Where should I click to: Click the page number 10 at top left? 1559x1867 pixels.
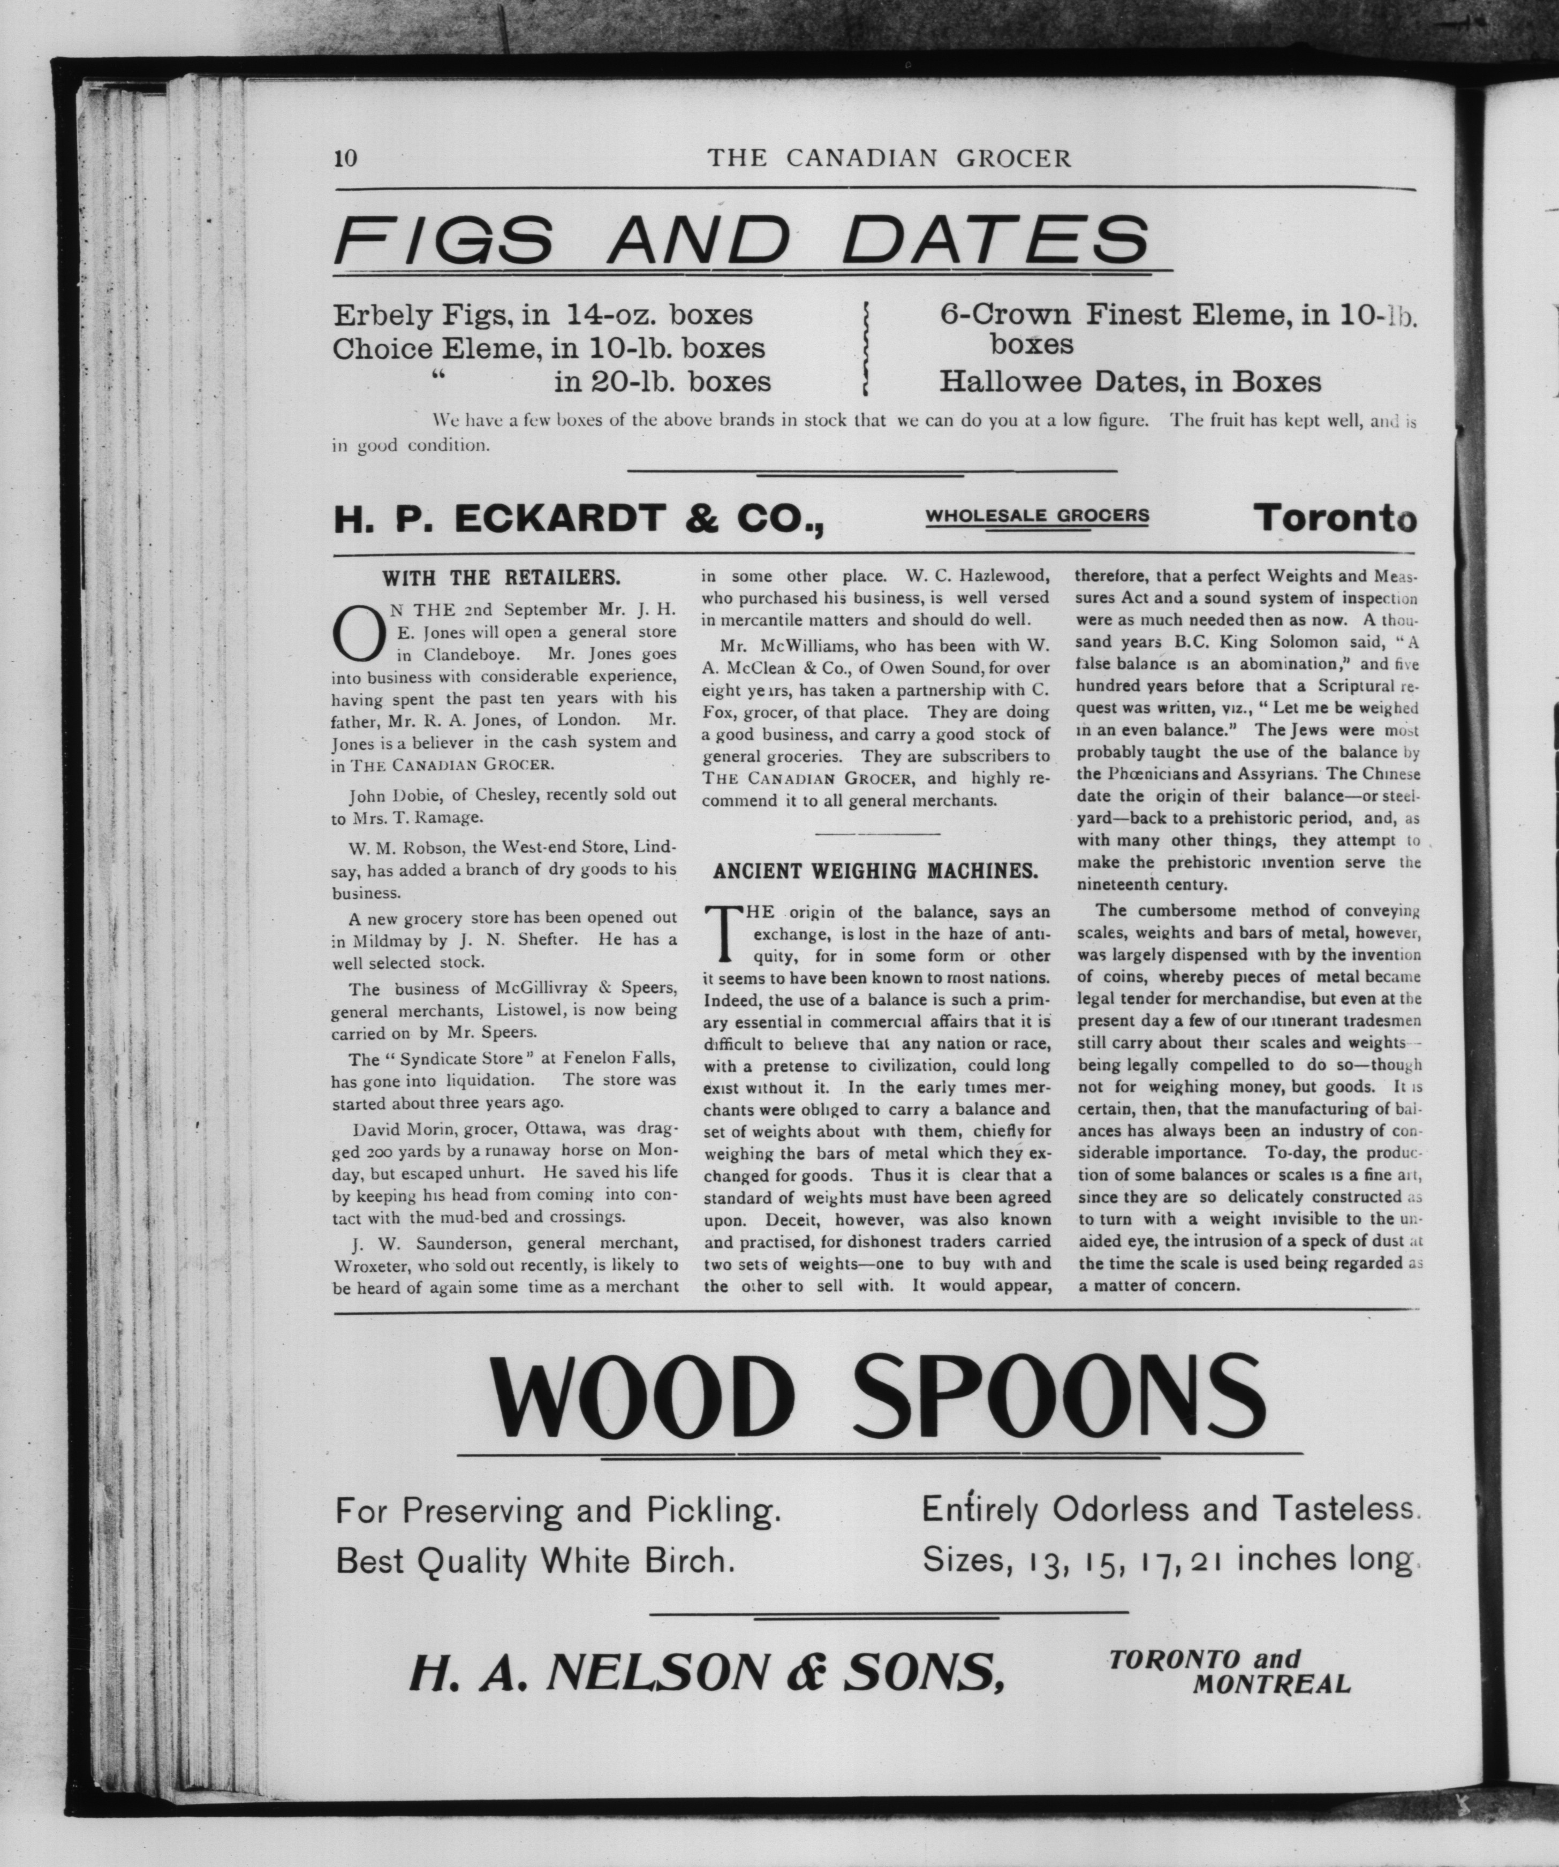click(x=345, y=158)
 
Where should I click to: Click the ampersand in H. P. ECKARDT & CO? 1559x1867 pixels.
click(x=702, y=519)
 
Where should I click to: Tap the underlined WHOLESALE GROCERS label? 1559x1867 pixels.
click(x=1037, y=515)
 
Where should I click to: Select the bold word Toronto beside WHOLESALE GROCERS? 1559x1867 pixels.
click(x=1334, y=518)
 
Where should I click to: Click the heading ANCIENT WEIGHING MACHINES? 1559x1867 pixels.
click(x=875, y=871)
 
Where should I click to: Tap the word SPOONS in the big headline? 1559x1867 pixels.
click(x=1058, y=1399)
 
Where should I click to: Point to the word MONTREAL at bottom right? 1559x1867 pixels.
click(x=1271, y=1684)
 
